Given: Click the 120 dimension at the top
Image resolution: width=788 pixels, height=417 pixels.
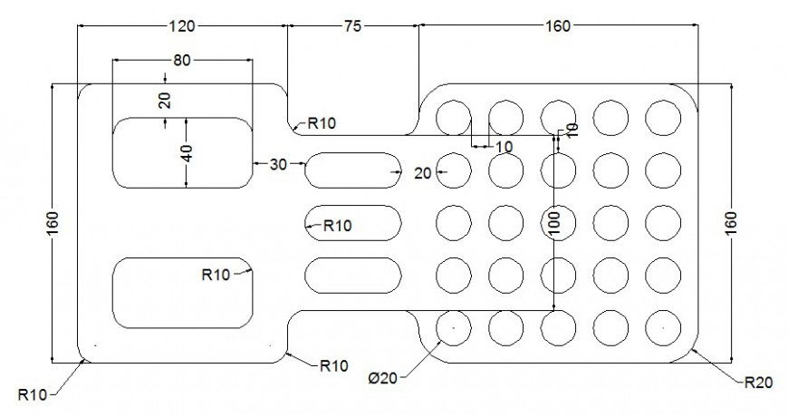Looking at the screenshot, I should tap(181, 26).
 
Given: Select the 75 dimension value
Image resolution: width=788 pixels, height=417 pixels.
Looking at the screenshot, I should tap(352, 26).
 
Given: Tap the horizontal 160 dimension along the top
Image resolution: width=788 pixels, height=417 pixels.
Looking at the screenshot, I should tap(558, 26).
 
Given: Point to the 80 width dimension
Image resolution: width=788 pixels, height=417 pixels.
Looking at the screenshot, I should tap(181, 61).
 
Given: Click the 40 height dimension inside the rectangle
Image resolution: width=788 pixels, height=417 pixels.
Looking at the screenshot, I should tap(187, 152).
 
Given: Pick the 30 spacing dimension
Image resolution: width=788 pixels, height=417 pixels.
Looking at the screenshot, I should tap(278, 164).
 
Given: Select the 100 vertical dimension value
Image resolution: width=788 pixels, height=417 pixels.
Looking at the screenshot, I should tap(553, 221).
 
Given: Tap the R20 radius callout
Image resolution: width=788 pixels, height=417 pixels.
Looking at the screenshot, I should tap(757, 383).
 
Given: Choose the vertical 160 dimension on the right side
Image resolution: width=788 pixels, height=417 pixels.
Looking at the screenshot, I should tap(731, 221).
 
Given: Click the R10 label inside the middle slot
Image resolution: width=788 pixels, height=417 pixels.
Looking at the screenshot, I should tap(337, 225).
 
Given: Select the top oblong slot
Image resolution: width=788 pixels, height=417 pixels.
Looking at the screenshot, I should tap(353, 170).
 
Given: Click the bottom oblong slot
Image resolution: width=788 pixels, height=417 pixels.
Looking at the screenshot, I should tap(353, 275).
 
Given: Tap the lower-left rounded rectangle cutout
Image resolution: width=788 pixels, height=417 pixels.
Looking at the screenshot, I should tap(182, 293).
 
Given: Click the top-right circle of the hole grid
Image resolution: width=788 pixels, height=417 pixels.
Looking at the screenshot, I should tap(663, 116).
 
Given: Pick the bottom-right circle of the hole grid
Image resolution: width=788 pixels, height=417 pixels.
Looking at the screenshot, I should tap(663, 325).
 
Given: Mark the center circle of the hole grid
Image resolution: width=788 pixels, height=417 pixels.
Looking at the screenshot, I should tap(558, 221).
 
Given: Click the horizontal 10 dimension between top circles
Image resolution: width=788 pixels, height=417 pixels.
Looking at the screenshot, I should tap(504, 146).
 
